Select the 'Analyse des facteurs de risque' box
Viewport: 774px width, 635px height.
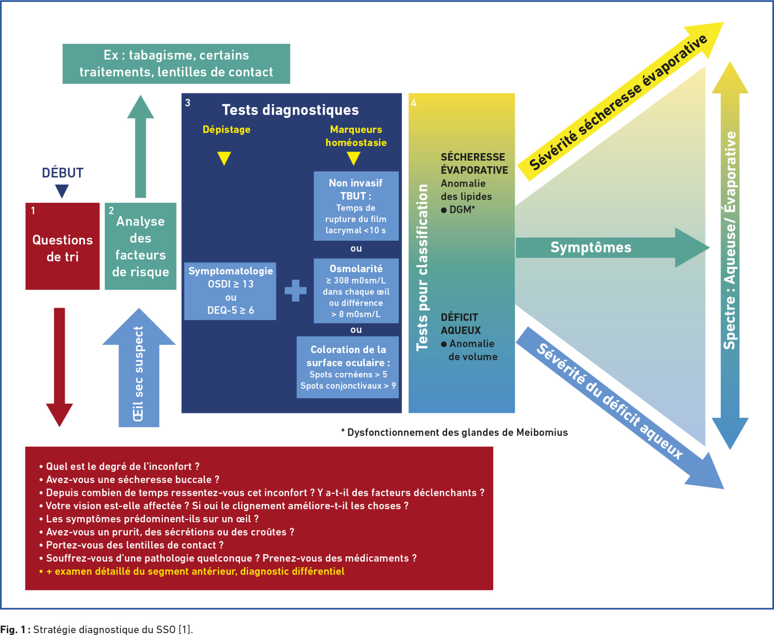pyautogui.click(x=140, y=246)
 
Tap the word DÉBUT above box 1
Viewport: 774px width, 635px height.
pyautogui.click(x=62, y=173)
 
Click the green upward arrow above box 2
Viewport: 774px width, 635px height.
pyautogui.click(x=141, y=147)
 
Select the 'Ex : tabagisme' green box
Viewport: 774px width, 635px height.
pyautogui.click(x=176, y=63)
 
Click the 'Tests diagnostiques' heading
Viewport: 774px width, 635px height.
pyautogui.click(x=290, y=110)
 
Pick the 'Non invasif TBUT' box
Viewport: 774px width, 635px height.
pyautogui.click(x=356, y=206)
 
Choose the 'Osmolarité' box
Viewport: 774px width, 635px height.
pyautogui.click(x=356, y=291)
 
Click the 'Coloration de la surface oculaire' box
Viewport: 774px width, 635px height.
pyautogui.click(x=348, y=367)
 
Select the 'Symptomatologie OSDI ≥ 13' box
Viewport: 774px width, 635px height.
pyautogui.click(x=230, y=291)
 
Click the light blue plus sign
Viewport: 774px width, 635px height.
pyautogui.click(x=296, y=290)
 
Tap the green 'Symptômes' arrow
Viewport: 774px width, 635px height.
pyautogui.click(x=605, y=248)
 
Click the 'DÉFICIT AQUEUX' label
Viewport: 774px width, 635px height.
pyautogui.click(x=460, y=324)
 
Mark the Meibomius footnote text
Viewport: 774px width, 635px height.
pyautogui.click(x=454, y=432)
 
